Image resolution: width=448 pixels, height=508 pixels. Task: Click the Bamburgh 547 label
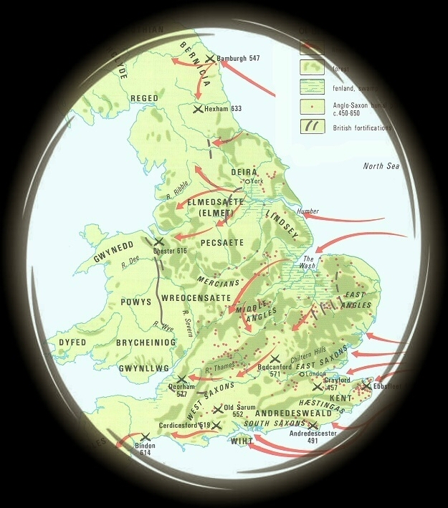coord(238,58)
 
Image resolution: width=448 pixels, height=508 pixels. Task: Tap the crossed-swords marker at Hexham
coord(199,109)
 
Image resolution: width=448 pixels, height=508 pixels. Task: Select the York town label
coord(258,181)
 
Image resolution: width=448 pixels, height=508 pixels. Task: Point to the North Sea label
coord(381,166)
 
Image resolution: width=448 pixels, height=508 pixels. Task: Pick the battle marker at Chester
coord(158,242)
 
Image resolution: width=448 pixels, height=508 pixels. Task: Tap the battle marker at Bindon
coord(146,436)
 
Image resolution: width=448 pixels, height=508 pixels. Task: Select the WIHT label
coord(242,441)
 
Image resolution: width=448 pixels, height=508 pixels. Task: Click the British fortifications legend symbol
coord(311,127)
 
